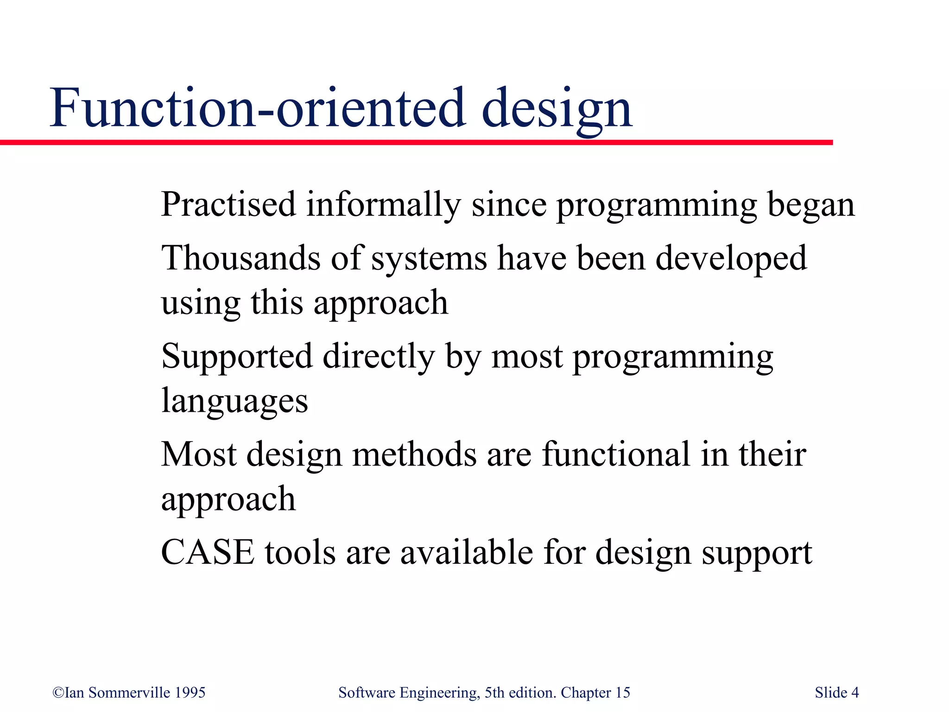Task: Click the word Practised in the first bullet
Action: pos(228,204)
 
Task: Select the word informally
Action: pos(383,205)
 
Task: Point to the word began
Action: pos(811,205)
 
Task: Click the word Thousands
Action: pos(240,258)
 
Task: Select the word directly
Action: pos(379,357)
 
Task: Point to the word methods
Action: pos(414,454)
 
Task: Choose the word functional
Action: pos(616,454)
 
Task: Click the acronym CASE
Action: pos(208,552)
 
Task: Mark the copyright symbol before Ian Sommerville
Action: pos(58,693)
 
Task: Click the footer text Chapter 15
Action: pos(595,693)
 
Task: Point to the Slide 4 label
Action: pos(836,693)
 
